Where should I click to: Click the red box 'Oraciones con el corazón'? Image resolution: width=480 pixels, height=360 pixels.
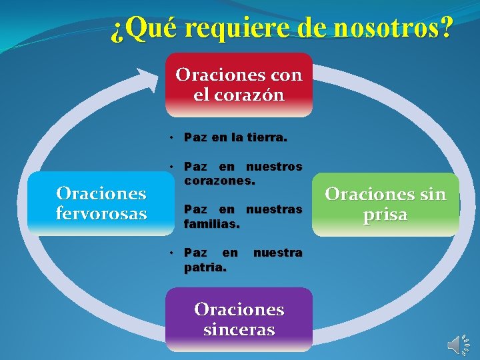tap(239, 85)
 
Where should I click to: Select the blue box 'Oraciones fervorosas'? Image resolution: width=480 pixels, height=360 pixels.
tap(101, 203)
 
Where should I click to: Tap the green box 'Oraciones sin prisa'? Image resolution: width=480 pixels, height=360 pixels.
tap(385, 205)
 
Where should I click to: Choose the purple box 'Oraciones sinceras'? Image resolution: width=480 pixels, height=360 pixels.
tap(239, 319)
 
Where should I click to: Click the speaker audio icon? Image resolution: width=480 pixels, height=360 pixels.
tap(458, 343)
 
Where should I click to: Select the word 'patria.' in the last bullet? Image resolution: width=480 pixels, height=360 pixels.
tap(205, 267)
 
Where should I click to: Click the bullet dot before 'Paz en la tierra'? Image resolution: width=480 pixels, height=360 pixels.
tap(171, 138)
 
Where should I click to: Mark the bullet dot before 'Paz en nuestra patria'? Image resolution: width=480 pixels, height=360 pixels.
tap(171, 253)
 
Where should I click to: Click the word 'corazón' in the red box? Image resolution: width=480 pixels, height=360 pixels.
tap(239, 95)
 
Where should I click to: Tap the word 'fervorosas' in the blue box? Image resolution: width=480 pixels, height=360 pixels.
tap(101, 214)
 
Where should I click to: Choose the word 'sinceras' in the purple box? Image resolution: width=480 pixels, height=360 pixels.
tap(239, 329)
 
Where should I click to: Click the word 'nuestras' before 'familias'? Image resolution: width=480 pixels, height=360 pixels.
tap(274, 210)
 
